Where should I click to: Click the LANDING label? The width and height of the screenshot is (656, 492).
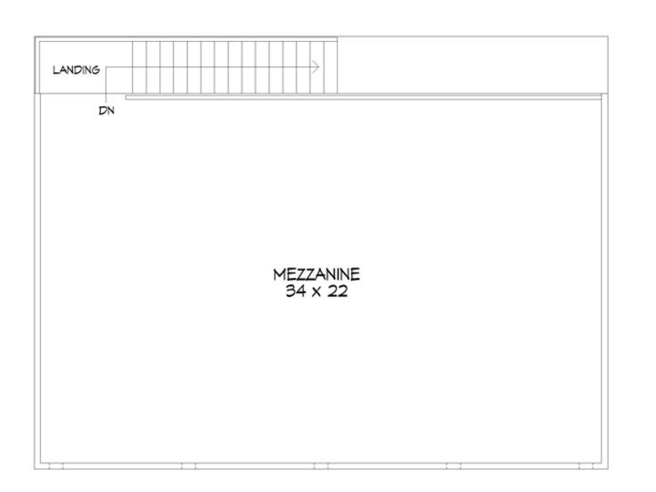click(76, 70)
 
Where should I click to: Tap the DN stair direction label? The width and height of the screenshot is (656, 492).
click(107, 111)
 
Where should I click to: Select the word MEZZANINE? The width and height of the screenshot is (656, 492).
click(317, 275)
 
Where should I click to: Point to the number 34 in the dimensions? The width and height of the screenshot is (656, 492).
click(296, 291)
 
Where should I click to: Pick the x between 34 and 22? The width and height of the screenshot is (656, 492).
click(317, 292)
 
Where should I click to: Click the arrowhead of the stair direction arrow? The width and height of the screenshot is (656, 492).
click(316, 66)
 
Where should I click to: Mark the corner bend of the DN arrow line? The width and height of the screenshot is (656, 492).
click(106, 67)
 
